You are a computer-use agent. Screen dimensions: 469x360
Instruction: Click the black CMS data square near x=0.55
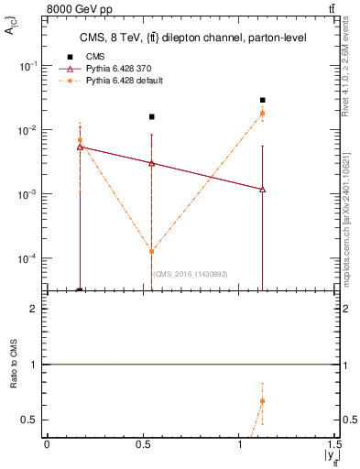point(152,116)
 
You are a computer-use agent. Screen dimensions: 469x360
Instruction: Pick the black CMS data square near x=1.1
point(263,100)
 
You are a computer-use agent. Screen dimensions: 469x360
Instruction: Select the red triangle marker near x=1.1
point(263,189)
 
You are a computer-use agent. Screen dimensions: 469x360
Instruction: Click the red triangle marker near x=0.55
point(152,163)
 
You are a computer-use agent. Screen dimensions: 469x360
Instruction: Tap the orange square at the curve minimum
point(152,251)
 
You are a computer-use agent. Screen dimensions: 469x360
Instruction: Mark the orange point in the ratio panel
point(263,401)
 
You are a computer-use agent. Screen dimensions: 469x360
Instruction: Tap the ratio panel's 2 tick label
point(34,310)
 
